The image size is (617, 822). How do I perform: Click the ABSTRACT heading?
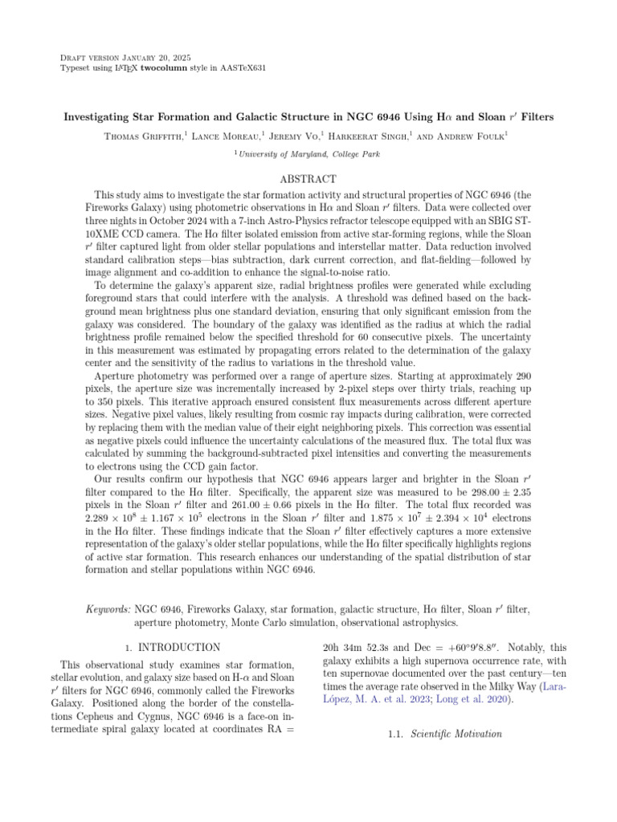click(308, 178)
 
